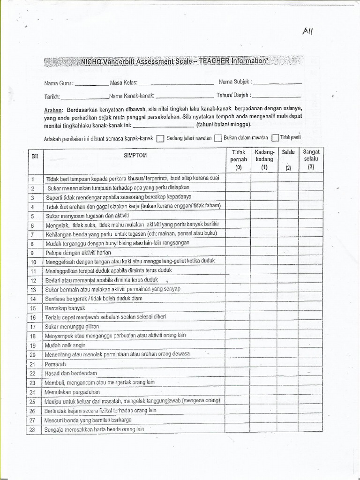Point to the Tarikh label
[52, 97]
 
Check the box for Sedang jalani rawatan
[160, 138]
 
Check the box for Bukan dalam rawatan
[218, 138]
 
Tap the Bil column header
[34, 156]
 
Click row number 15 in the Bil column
[33, 308]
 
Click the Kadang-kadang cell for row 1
[264, 179]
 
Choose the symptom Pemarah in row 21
[56, 364]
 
